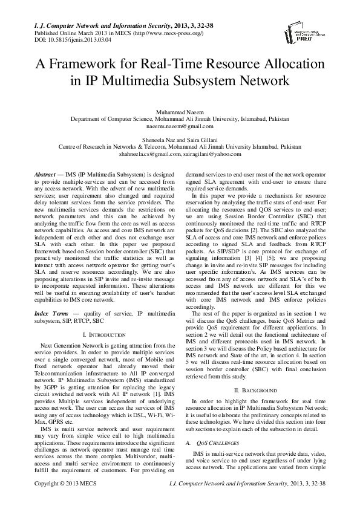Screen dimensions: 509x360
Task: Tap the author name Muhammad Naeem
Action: pyautogui.click(x=180, y=112)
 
